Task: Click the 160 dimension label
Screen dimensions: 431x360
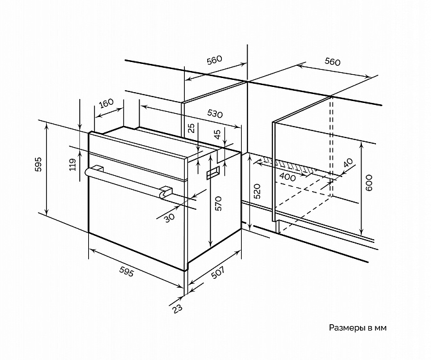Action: (106, 104)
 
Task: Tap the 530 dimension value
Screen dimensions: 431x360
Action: (215, 113)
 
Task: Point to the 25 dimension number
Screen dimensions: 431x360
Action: (192, 128)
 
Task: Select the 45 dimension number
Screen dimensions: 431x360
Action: (217, 134)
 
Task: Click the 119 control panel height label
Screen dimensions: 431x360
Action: (72, 164)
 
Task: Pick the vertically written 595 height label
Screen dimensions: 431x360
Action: (38, 164)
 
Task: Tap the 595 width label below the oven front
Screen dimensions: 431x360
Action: (127, 272)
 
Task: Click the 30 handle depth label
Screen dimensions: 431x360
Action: (169, 217)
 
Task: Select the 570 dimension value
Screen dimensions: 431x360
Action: (218, 203)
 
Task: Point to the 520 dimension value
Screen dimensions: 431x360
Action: (256, 191)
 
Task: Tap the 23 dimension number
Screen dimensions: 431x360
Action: (178, 308)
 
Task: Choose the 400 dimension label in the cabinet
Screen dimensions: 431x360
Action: (288, 177)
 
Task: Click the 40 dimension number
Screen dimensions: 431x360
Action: (348, 163)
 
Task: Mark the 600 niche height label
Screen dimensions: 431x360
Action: (369, 182)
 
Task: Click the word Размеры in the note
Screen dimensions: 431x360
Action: (348, 328)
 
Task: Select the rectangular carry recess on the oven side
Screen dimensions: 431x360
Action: (214, 173)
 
